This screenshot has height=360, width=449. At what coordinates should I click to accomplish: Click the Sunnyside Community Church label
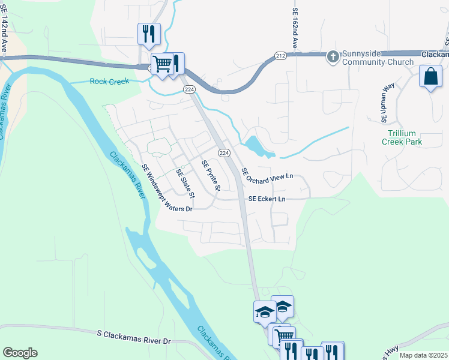point(378,58)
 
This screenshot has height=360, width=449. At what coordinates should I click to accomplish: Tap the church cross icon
point(333,57)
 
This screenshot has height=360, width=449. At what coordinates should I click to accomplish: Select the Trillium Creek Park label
point(402,138)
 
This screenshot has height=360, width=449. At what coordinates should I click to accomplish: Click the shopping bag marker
point(430,77)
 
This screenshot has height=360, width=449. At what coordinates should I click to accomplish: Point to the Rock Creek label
point(109,82)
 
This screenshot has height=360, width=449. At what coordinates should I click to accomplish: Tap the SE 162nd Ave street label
point(295,29)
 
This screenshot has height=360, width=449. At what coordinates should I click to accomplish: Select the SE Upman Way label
point(387,103)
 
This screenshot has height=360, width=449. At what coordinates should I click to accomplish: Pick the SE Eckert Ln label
point(267,199)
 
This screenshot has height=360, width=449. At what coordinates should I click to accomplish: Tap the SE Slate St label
point(185,184)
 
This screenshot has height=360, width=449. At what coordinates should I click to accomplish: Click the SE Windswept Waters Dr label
point(166,188)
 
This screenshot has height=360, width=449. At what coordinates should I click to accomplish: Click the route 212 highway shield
point(282,55)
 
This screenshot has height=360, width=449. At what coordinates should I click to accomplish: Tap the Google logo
point(20,353)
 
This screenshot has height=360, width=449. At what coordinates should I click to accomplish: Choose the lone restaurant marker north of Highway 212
point(148,34)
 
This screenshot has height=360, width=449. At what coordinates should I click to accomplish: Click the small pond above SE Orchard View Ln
point(255,145)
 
